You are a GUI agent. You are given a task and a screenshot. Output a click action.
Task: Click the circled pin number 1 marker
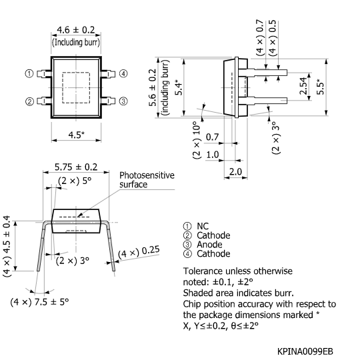30,73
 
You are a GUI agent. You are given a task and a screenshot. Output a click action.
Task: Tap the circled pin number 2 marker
30,101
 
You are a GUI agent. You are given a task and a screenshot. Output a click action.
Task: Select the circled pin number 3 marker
123,101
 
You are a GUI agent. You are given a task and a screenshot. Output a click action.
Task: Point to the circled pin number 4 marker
123,73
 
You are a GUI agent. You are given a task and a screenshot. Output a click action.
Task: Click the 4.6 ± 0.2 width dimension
77,30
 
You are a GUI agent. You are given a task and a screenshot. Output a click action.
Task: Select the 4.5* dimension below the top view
77,135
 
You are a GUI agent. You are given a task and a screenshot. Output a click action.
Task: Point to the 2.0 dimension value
235,172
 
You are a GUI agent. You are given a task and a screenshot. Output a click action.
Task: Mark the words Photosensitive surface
146,179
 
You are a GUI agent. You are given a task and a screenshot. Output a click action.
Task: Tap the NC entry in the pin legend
203,227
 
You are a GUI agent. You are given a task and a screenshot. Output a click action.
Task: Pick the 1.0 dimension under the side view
213,155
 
